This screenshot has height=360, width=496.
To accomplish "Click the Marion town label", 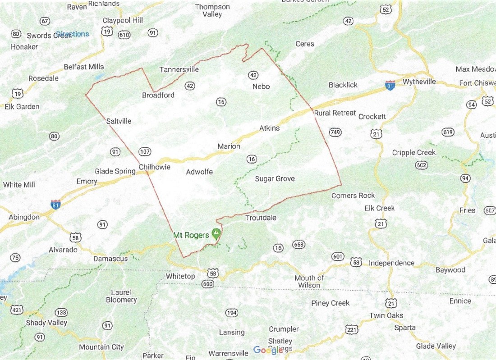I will coord(229,146).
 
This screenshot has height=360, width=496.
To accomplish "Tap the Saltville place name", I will coord(119,121).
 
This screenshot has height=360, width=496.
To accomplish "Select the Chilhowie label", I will coord(155,167).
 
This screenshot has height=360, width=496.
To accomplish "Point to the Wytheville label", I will coord(419,82).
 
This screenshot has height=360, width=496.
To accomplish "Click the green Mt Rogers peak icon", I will coord(216,234).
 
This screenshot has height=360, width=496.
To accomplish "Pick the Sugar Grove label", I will coord(275,179).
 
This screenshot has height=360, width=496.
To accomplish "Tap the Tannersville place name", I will coord(179,70).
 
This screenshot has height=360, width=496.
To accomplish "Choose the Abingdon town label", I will coord(24,217).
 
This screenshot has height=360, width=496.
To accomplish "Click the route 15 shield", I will coord(220,102).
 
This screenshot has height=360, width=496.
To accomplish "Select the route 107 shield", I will coord(145,152).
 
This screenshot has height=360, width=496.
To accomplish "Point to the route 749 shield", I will coord(335,132).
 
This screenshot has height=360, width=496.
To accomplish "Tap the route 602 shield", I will coord(422,165).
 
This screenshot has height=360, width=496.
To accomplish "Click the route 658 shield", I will coord(299,245).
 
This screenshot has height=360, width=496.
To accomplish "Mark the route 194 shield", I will coord(232,313).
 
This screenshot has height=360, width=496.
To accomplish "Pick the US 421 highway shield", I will coord(17,310).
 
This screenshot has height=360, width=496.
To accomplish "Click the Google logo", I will coord(268,350).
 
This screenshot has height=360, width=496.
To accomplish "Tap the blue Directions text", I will coord(73,34).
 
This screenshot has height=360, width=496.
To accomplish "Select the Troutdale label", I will coord(261,218).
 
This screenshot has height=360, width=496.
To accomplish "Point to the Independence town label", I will coord(391,263).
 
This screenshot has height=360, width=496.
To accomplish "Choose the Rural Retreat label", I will coord(335,113).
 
